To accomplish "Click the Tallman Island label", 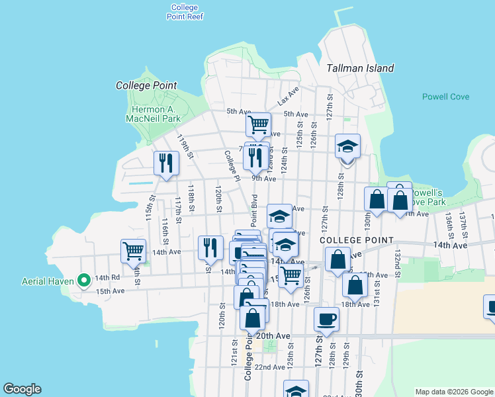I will point(361,68).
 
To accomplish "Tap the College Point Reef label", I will point(184,12).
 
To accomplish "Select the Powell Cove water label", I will point(445,97).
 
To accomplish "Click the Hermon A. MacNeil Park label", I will point(154,114).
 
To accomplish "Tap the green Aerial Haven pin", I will point(84,281).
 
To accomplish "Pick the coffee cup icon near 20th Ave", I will point(326,320).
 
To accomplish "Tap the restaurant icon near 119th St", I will point(166,163).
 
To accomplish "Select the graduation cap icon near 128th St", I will point(347,146).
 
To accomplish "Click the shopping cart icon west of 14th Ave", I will point(134,251).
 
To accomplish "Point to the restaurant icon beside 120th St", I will point(210,247).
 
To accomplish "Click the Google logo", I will point(22,389).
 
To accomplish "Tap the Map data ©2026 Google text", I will point(454,392).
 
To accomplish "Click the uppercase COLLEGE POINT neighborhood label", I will point(357,240).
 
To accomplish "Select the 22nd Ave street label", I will point(269,367).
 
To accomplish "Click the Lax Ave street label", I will point(289,97).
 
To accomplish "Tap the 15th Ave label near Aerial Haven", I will point(110,290).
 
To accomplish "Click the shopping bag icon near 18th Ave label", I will point(355,285).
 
